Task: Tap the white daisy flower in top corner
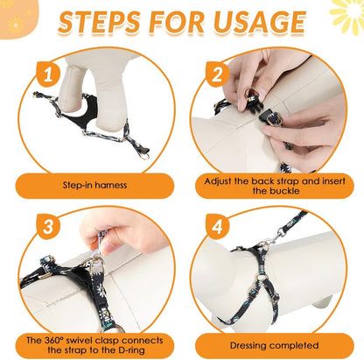tap(346, 13)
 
